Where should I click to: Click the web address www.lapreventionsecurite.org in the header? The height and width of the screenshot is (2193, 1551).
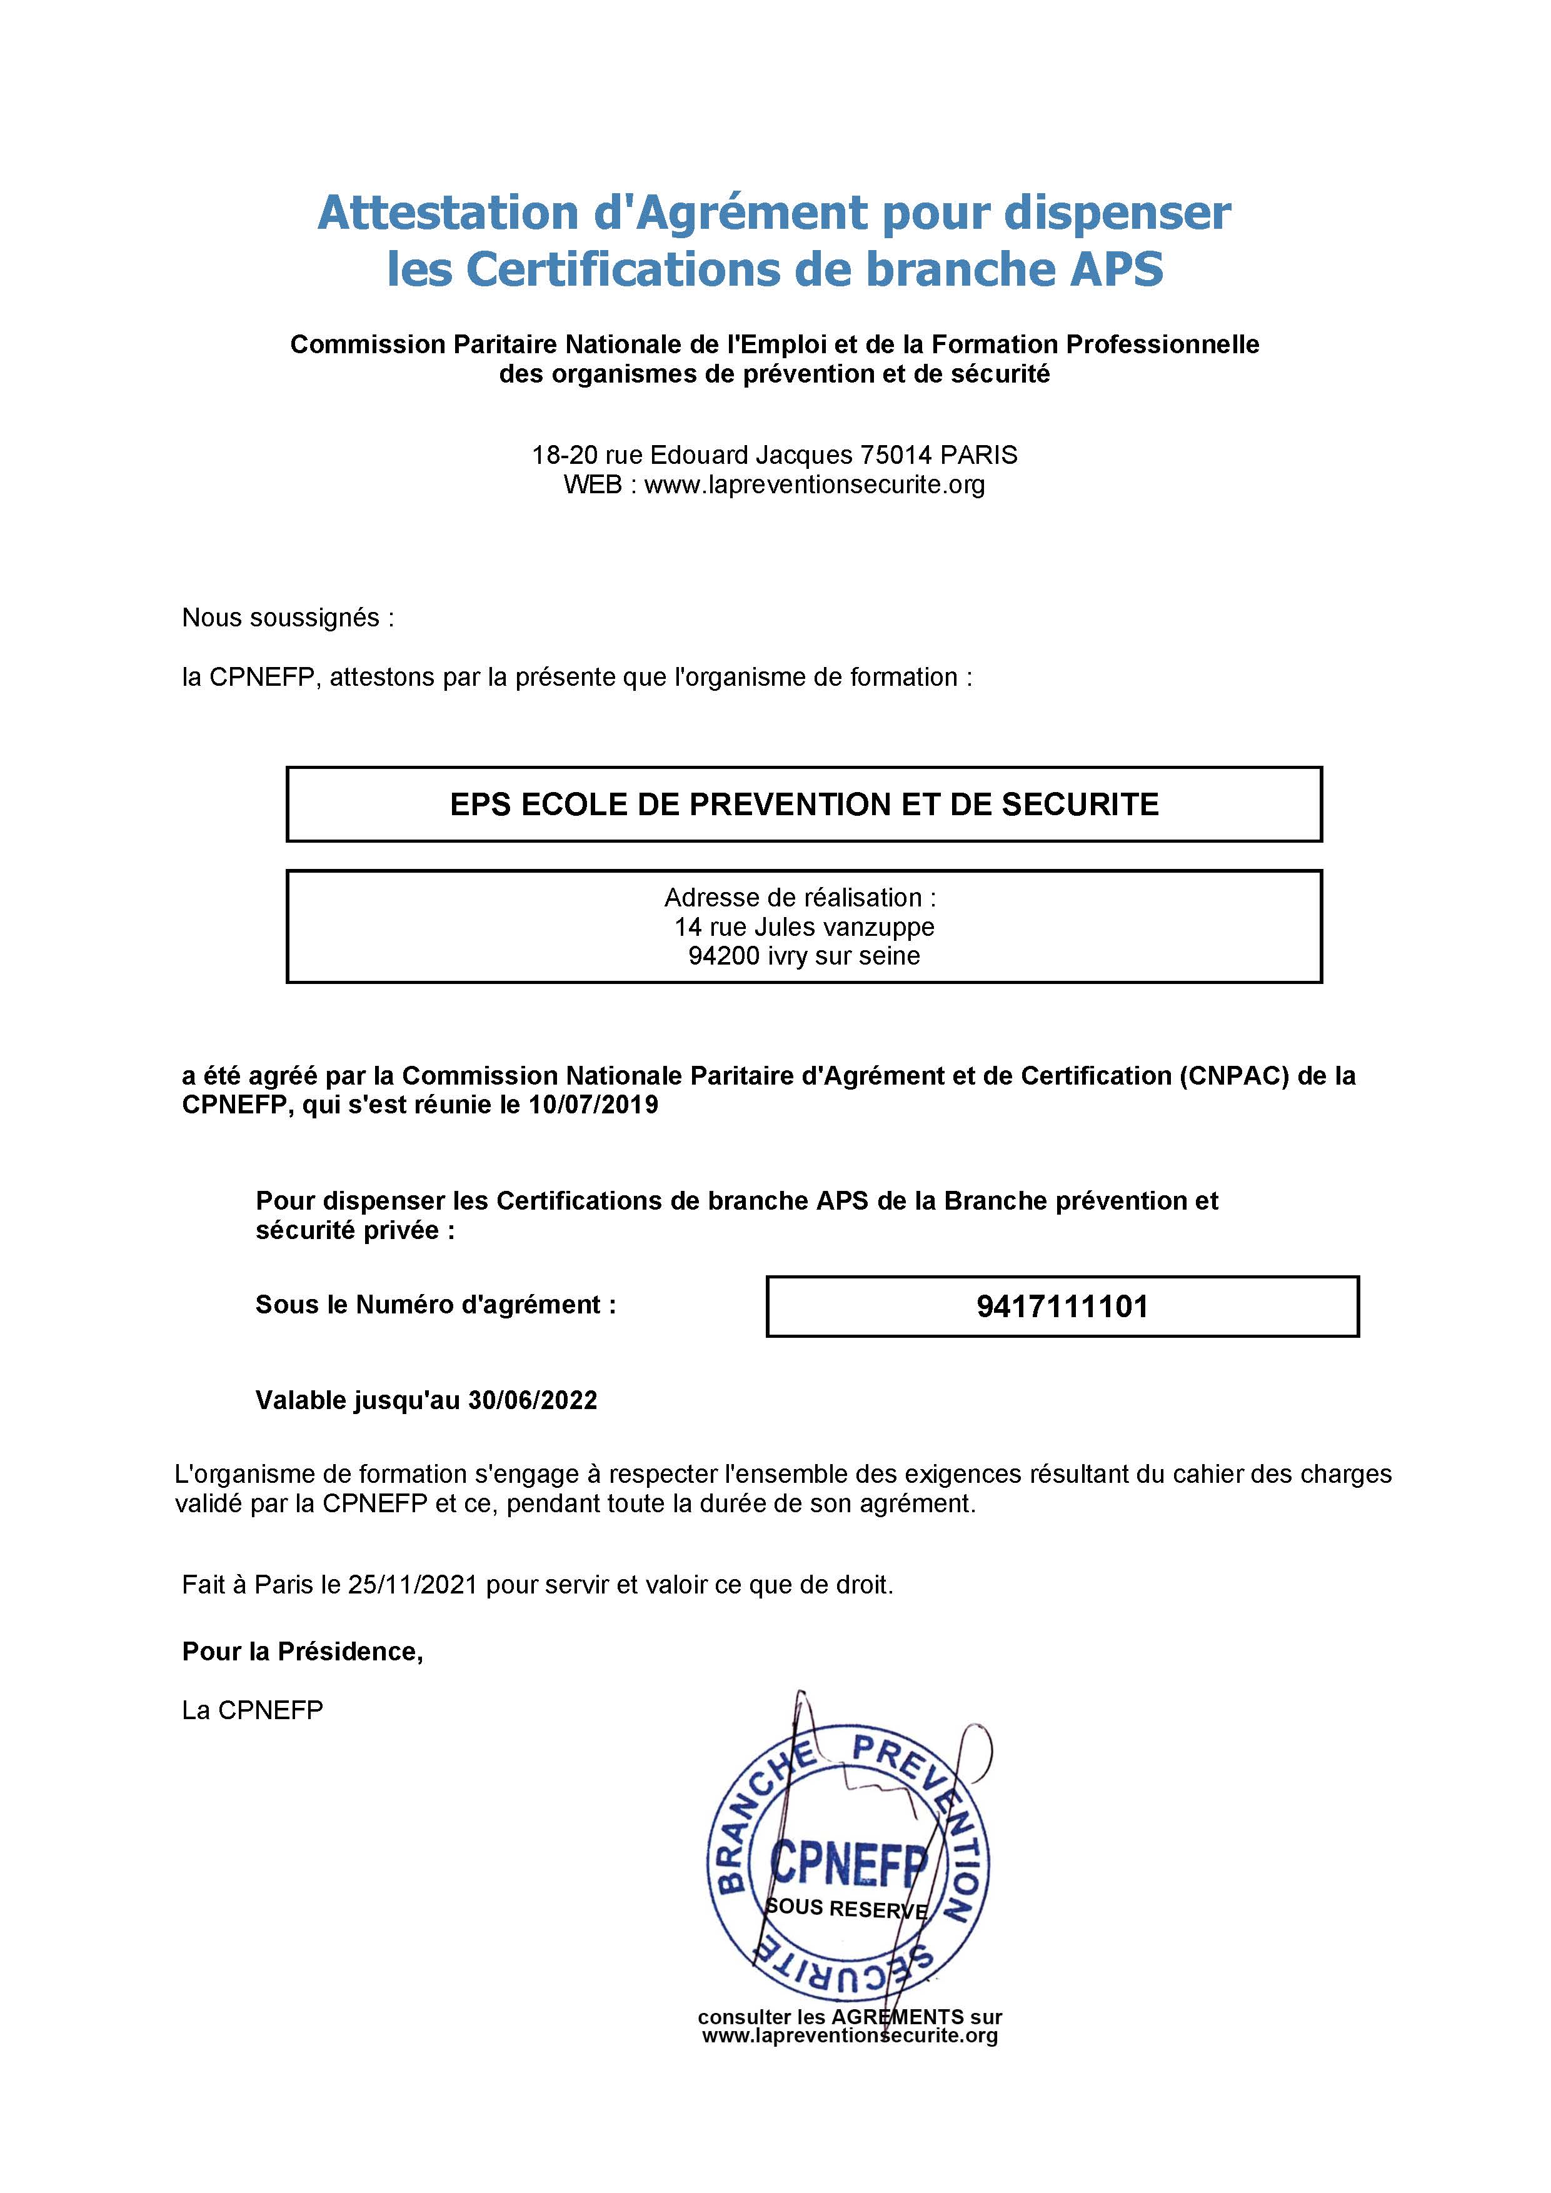click(x=814, y=484)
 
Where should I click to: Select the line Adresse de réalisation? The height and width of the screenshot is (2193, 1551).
click(x=800, y=898)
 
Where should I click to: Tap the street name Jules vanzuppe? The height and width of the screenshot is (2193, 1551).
click(x=844, y=926)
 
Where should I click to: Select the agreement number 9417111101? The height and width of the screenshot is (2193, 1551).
click(x=1062, y=1307)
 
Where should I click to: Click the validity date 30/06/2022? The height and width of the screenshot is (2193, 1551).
click(x=532, y=1400)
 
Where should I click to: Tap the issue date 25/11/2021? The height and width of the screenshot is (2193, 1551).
click(x=413, y=1585)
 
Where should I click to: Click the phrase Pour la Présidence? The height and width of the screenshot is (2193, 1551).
click(x=302, y=1652)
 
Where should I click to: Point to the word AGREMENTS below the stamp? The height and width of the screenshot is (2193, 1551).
click(x=897, y=2017)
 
